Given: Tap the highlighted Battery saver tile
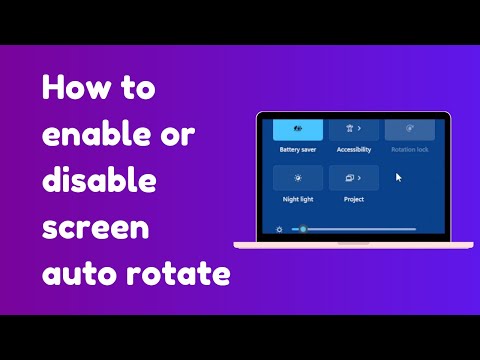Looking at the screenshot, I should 298,129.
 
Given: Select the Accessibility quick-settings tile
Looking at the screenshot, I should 354,129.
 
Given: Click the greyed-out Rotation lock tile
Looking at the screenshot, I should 409,129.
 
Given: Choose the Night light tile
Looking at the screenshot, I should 298,178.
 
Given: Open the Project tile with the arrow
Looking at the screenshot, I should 354,178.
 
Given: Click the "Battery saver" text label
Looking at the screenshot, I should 298,150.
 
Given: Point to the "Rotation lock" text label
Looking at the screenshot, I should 409,150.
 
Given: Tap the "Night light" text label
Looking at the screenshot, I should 297,199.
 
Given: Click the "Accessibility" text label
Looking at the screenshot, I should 354,150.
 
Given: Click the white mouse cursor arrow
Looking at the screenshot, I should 399,178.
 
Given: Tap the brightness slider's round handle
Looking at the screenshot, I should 303,229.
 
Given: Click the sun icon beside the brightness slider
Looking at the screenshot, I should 280,229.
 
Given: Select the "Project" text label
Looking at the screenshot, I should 353,199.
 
